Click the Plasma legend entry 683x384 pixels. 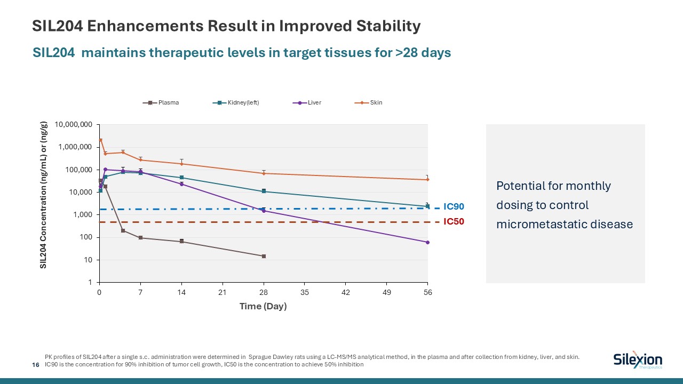coord(161,103)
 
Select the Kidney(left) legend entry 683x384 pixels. coord(236,103)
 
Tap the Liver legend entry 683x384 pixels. coord(307,103)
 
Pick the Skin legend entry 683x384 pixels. coord(368,103)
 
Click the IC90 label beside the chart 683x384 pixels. coord(454,206)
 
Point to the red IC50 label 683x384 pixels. coord(454,221)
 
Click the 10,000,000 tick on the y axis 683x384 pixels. coord(73,124)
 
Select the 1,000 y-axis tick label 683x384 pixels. coord(83,214)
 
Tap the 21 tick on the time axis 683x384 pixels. coord(223,293)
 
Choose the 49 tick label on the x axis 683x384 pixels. coord(387,293)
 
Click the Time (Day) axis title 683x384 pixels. coord(263,306)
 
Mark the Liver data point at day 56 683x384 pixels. coord(427,242)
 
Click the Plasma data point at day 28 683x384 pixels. coord(264,257)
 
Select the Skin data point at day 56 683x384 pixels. coord(427,180)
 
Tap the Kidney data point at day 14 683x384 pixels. coord(182,178)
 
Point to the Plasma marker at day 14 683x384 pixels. coord(182,242)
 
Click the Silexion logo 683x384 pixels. coord(638,360)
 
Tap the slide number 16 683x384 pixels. coord(36,365)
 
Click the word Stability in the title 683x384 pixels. coord(388,26)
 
